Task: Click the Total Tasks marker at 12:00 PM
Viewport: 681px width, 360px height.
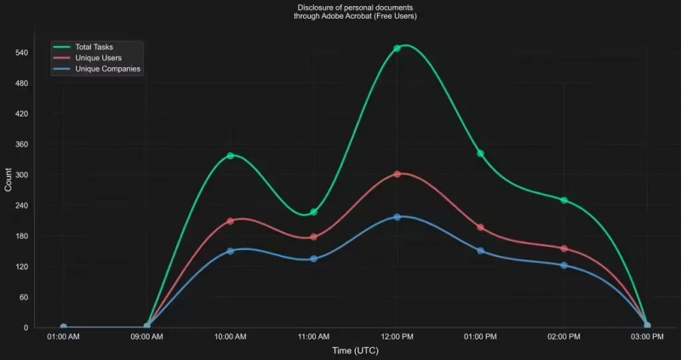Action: click(x=397, y=49)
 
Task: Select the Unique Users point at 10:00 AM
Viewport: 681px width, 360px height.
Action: click(x=230, y=221)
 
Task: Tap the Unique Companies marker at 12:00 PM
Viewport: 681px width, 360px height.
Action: click(x=397, y=217)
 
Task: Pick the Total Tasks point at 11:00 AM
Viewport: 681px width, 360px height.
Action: click(x=313, y=212)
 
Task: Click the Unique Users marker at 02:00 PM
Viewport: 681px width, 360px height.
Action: click(x=564, y=249)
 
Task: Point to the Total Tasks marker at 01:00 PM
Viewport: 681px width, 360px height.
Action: click(x=480, y=153)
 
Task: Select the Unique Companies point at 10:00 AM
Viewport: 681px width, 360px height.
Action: click(x=230, y=251)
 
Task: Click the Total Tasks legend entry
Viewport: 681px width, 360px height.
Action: click(x=94, y=46)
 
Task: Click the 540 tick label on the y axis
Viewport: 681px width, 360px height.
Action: click(x=22, y=53)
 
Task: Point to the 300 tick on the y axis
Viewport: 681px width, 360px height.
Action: click(x=22, y=175)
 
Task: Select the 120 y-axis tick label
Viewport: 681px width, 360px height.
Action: click(x=22, y=266)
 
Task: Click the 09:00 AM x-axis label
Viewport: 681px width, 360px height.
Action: click(x=146, y=337)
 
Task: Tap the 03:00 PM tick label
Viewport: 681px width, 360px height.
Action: click(x=647, y=337)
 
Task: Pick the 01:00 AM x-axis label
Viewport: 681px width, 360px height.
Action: click(x=63, y=337)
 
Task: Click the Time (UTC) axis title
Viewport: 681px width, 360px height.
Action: click(x=355, y=351)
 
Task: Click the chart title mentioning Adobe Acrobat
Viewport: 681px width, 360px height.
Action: click(x=355, y=12)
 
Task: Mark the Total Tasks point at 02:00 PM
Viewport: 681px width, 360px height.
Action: click(x=564, y=200)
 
